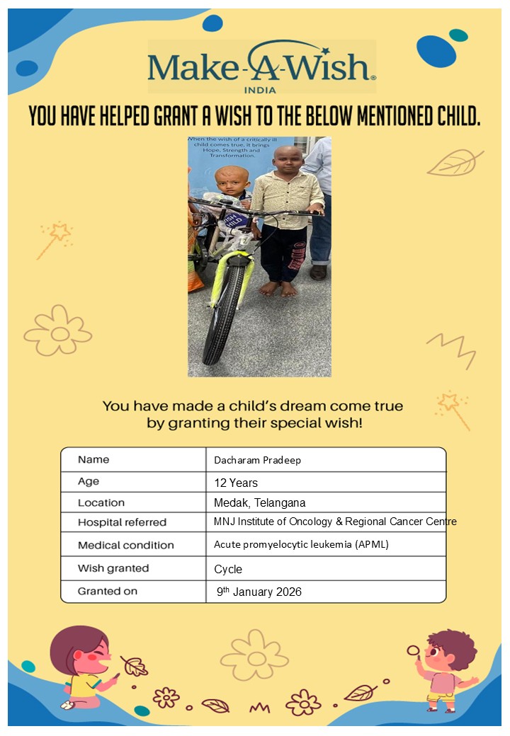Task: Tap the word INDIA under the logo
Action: point(260,90)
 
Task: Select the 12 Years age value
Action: point(236,483)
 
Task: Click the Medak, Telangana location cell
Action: point(259,503)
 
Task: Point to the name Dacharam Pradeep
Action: point(257,460)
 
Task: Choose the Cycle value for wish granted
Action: point(228,569)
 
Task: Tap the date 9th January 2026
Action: point(259,592)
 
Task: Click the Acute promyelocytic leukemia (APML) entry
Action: point(291,545)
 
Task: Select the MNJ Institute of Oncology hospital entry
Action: point(335,522)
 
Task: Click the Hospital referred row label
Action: point(122,523)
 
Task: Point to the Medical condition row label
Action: point(125,546)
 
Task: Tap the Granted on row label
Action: point(108,591)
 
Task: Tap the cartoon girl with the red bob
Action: point(85,666)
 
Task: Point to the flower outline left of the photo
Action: point(58,330)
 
